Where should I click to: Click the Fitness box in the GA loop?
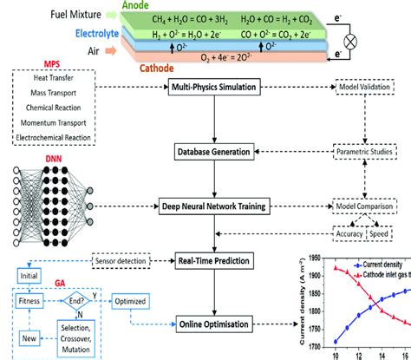point(30,301)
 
